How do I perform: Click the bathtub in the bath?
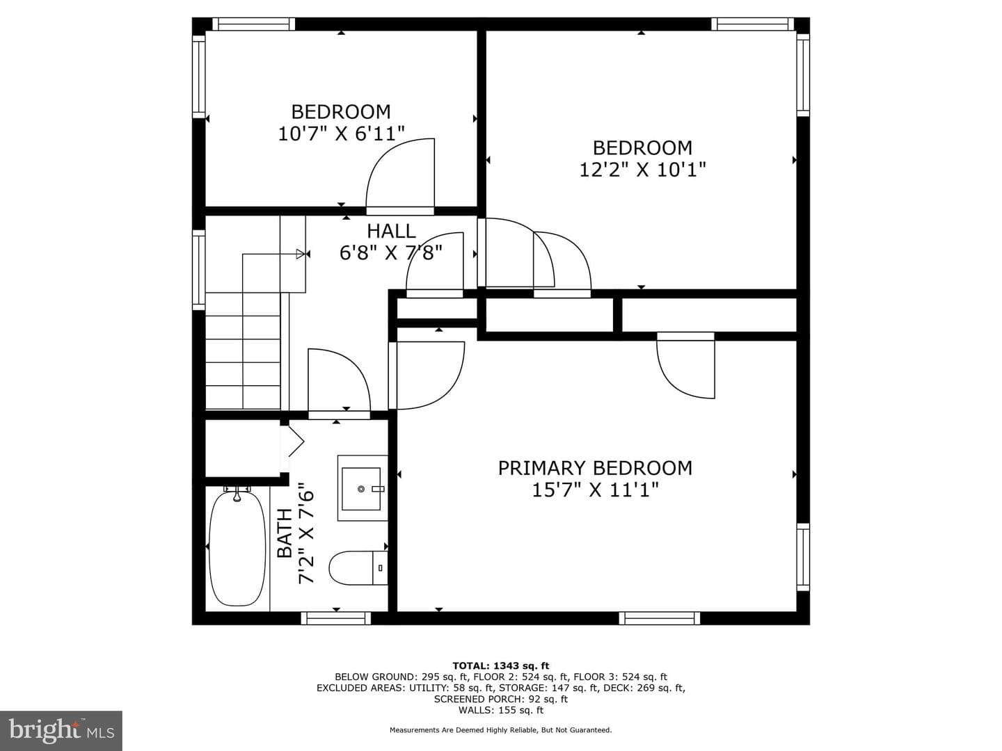click(x=237, y=549)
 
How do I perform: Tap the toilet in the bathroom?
click(x=358, y=567)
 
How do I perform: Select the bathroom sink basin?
click(x=361, y=489)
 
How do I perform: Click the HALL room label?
click(x=391, y=231)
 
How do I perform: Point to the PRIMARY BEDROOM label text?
click(x=595, y=468)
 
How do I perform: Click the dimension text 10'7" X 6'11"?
click(x=342, y=134)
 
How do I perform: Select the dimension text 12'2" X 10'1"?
click(x=642, y=170)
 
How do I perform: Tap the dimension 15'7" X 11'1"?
click(x=595, y=491)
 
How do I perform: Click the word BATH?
click(x=285, y=533)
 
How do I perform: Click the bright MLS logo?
click(x=61, y=730)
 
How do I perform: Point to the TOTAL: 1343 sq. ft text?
click(x=501, y=665)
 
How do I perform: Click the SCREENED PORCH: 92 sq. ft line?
click(x=501, y=699)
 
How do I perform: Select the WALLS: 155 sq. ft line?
click(x=501, y=710)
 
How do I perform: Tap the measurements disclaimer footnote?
click(x=500, y=730)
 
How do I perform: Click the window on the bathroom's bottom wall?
click(x=336, y=618)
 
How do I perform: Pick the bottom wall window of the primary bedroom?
click(x=660, y=618)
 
